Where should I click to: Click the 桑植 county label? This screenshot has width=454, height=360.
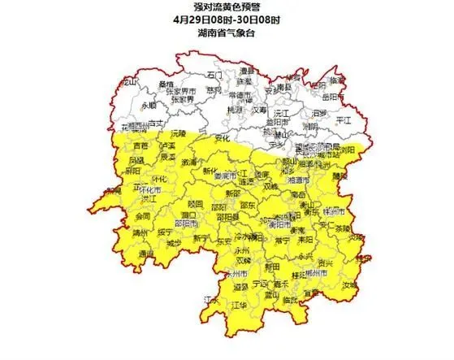tap(166, 85)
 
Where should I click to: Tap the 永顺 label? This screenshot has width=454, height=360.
tap(149, 106)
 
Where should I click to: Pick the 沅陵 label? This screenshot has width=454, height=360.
tap(179, 132)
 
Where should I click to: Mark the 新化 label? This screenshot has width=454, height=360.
tap(210, 171)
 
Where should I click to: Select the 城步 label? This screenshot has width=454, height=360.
tap(173, 242)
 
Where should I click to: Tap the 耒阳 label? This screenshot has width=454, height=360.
tap(305, 240)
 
